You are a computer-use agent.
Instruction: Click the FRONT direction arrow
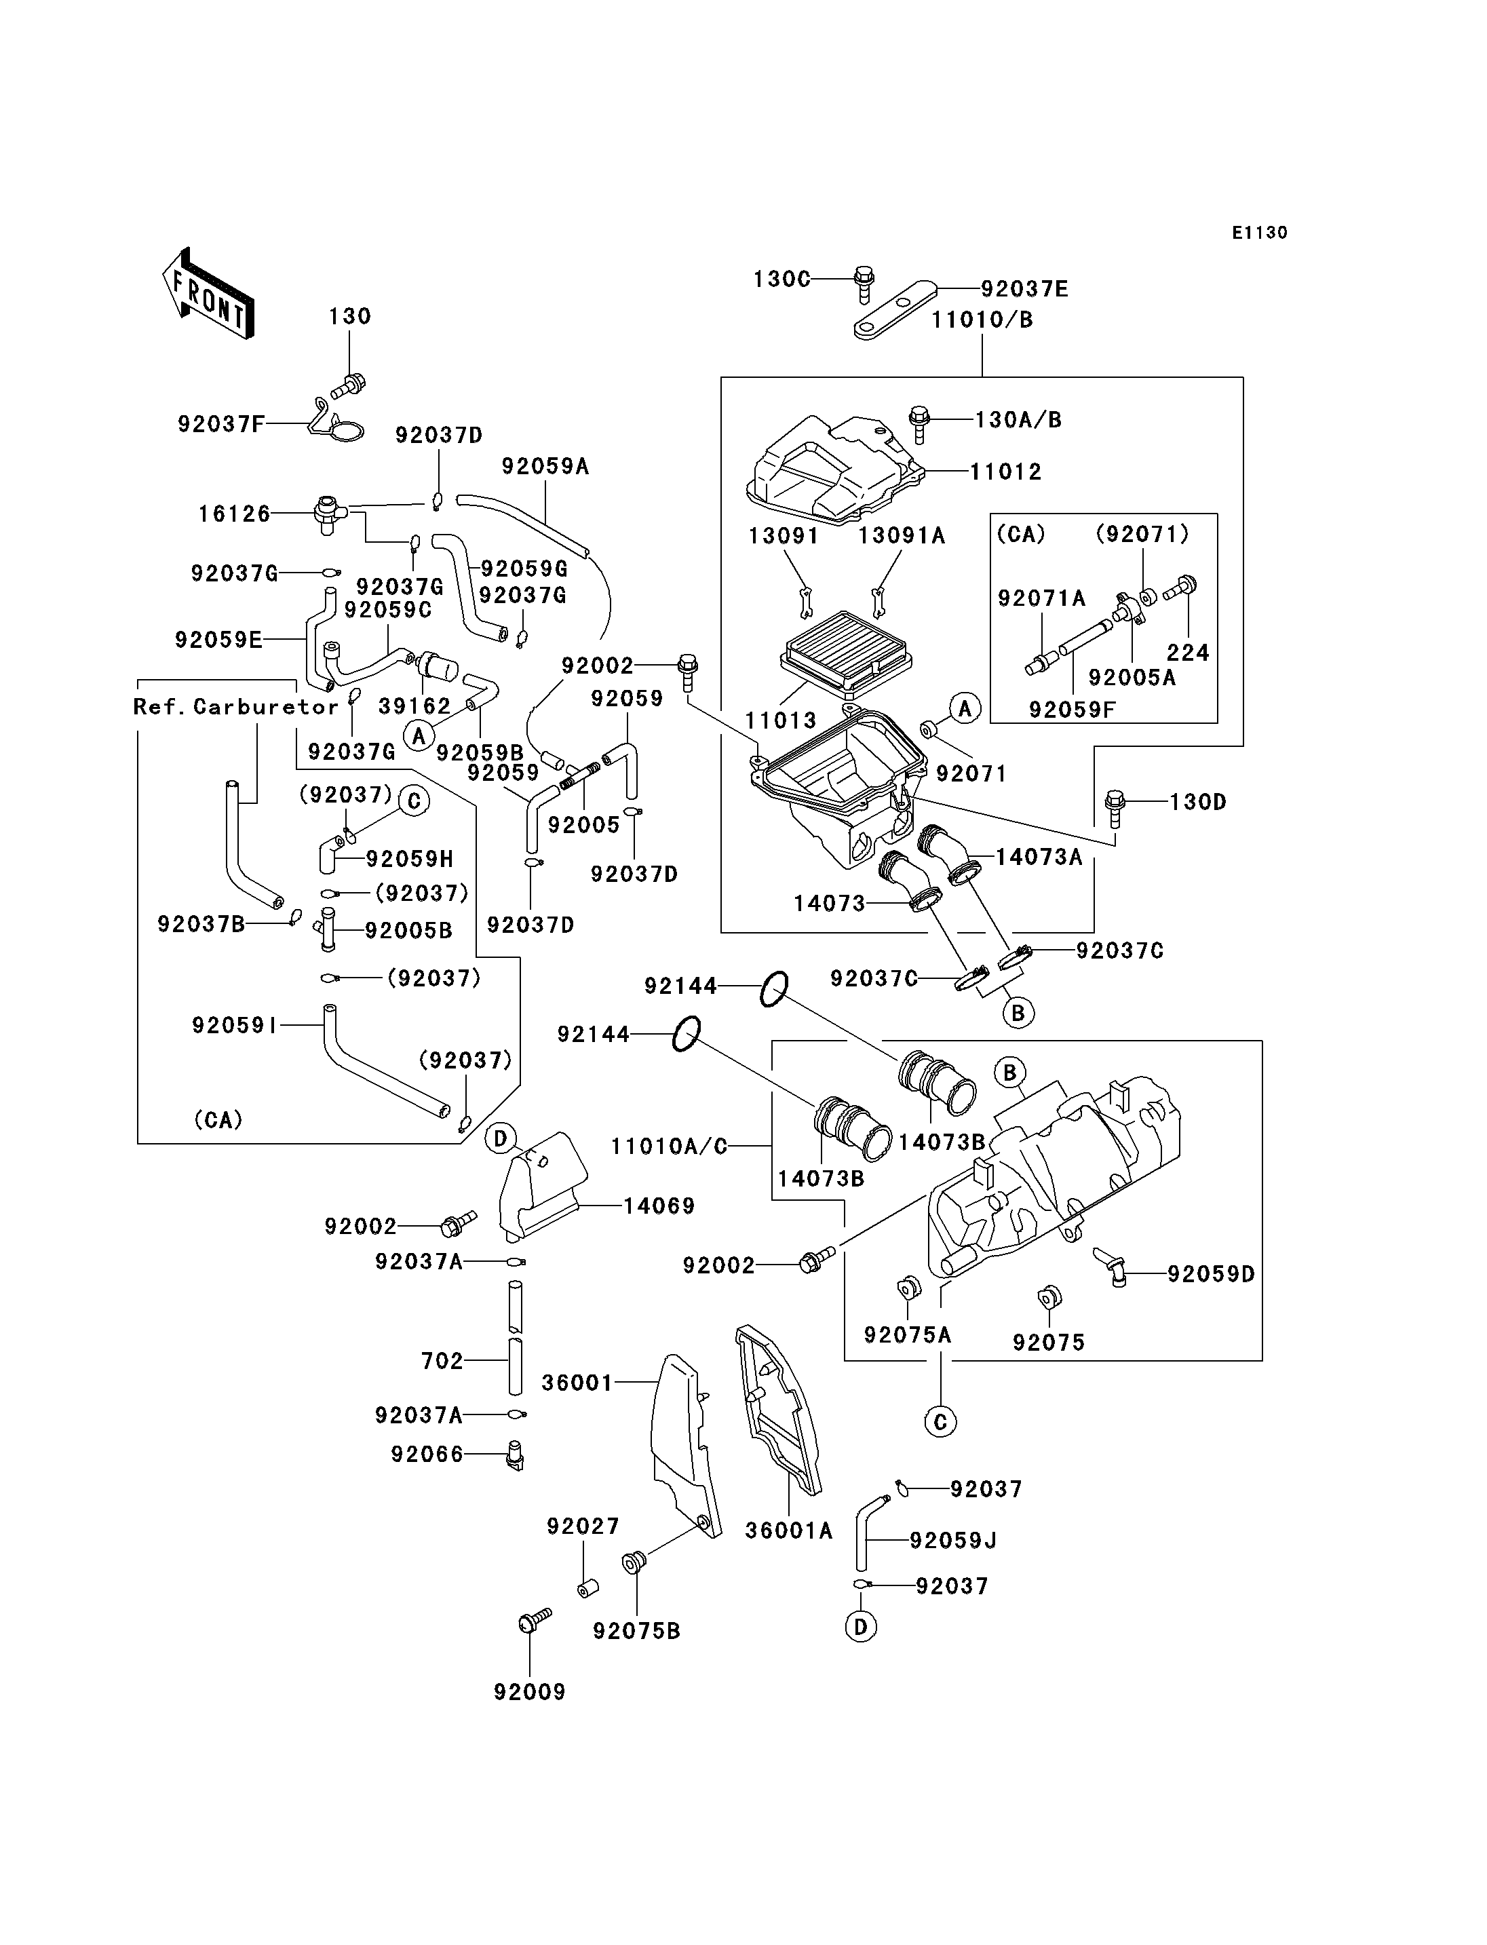point(209,293)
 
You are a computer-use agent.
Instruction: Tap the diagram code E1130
point(1260,233)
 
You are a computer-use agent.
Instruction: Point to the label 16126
point(235,514)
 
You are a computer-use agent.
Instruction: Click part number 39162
point(414,706)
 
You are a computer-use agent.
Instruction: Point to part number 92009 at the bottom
point(529,1692)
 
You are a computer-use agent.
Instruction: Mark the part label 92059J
point(953,1541)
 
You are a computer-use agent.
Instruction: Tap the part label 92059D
point(1211,1274)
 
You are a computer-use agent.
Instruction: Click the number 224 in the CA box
point(1188,653)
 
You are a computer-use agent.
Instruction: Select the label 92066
point(427,1455)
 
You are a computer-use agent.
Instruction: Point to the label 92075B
point(636,1631)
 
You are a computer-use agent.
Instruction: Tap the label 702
point(442,1361)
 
